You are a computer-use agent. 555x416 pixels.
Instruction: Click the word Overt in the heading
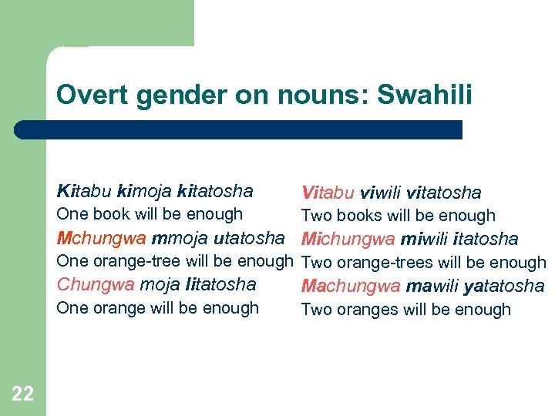click(84, 96)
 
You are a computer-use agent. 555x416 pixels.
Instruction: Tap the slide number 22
click(23, 394)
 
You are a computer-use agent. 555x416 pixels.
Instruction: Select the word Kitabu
click(82, 191)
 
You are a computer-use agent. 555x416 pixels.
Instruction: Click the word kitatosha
click(215, 191)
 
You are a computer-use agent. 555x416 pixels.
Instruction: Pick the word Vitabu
click(329, 193)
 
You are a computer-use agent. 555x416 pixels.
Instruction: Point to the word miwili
click(424, 239)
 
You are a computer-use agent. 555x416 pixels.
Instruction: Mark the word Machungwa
click(351, 287)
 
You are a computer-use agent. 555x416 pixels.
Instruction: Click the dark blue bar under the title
click(239, 129)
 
